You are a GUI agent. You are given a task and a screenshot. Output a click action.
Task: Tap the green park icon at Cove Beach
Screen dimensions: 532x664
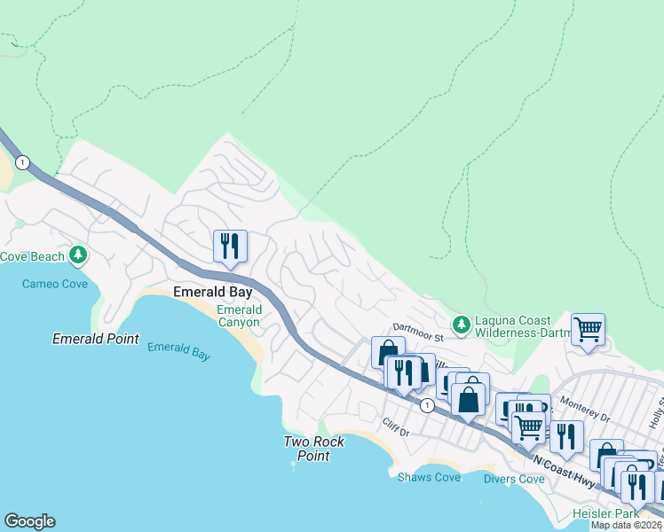tap(79, 256)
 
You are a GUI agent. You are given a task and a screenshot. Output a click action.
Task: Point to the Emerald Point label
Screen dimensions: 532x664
tap(95, 339)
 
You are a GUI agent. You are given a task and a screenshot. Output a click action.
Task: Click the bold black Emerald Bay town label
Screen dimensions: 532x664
tap(212, 292)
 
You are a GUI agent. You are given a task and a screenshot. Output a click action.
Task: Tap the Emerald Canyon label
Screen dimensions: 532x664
tap(239, 316)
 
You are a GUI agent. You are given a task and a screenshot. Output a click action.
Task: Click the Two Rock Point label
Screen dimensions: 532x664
tap(307, 449)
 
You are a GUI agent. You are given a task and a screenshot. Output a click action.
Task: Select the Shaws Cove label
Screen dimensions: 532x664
tap(429, 478)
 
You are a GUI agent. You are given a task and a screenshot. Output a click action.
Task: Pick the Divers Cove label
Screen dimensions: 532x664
tap(514, 479)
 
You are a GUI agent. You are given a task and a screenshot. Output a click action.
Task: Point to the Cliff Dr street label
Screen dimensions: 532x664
tap(395, 432)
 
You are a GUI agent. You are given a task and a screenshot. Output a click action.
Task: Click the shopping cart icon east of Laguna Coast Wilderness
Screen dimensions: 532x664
tap(588, 329)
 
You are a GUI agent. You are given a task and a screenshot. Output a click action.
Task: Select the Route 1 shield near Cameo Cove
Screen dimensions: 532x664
tap(22, 162)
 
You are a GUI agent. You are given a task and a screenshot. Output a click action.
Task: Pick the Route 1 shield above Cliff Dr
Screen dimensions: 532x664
tap(427, 405)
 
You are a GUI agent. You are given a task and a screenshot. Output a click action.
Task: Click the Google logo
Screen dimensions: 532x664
tap(29, 521)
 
